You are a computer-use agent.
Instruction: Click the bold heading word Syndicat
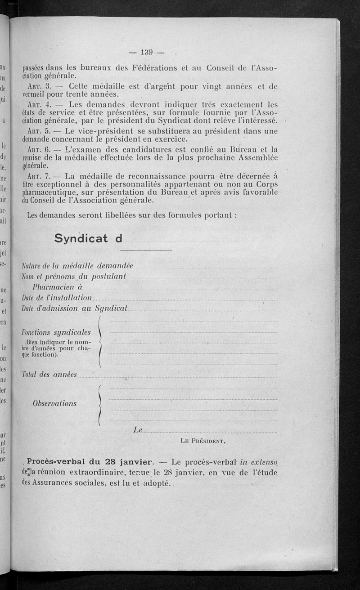point(81,238)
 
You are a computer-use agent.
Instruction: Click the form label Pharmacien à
point(57,287)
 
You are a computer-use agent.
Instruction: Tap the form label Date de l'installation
point(57,298)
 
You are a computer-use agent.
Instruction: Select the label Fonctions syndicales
point(56,332)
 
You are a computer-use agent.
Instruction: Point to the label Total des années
point(49,374)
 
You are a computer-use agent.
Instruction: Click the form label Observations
point(54,403)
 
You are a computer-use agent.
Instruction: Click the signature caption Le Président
point(202,441)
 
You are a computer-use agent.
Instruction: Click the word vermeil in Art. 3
point(36,94)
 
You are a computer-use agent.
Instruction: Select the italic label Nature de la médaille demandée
point(77,266)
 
